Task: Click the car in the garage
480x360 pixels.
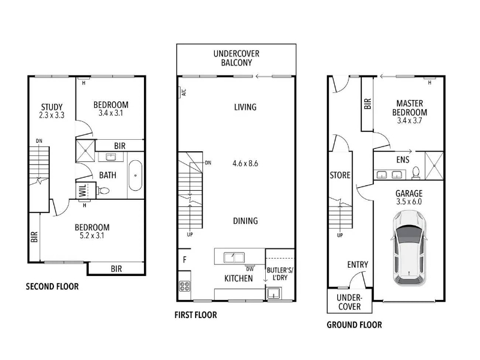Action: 409,248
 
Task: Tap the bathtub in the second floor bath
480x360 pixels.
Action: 135,175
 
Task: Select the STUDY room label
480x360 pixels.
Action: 52,107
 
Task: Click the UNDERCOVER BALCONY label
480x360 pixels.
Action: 236,58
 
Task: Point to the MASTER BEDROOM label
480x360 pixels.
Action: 410,108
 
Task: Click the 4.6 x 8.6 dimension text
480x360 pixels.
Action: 245,163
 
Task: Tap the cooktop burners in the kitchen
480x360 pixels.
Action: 185,286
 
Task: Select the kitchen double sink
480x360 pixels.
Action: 234,257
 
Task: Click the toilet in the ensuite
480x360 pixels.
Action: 416,172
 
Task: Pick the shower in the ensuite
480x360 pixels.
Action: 434,166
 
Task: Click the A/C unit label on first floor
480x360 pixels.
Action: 184,92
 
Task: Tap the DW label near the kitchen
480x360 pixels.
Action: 250,269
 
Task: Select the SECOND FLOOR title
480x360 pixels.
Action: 52,287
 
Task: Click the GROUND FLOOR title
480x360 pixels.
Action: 354,325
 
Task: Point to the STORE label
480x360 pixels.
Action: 340,175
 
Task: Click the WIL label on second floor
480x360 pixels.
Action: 83,190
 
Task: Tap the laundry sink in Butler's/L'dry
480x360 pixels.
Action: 272,293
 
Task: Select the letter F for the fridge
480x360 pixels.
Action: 185,260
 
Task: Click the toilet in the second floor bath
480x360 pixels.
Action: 103,191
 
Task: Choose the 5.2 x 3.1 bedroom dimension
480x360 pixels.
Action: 92,236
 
